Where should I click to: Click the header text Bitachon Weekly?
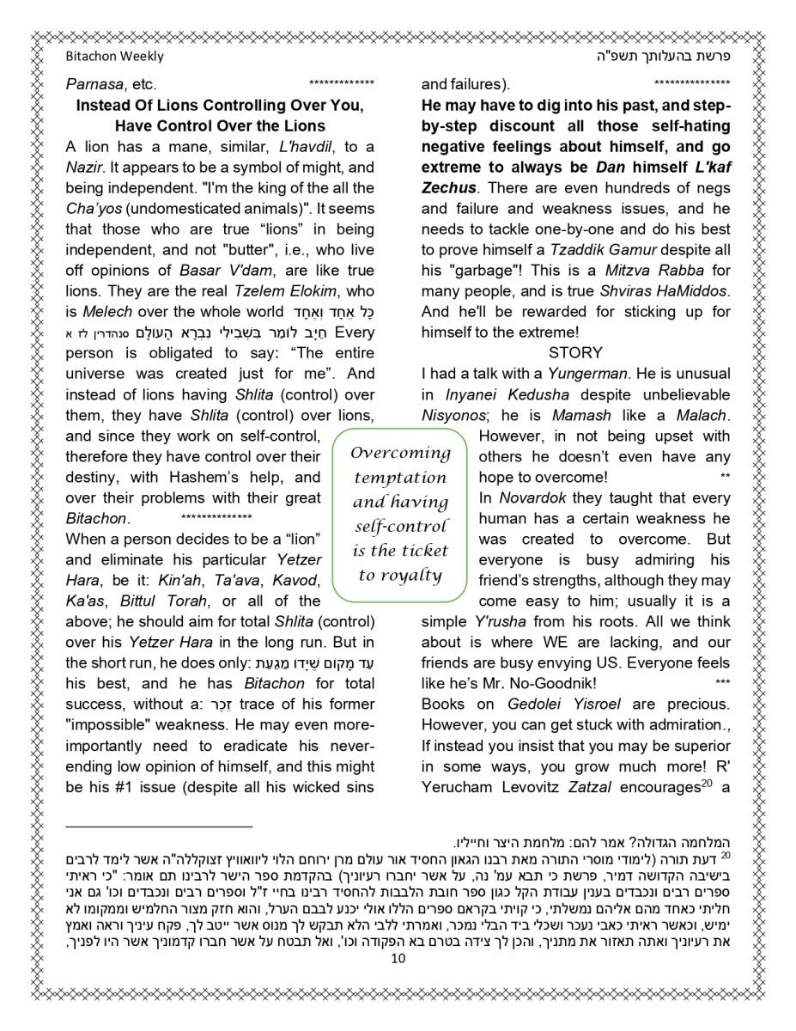(x=114, y=57)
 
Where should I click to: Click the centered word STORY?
(x=575, y=353)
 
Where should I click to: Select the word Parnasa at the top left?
(x=94, y=85)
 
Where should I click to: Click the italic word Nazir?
(x=84, y=168)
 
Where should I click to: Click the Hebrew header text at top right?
(x=663, y=57)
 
